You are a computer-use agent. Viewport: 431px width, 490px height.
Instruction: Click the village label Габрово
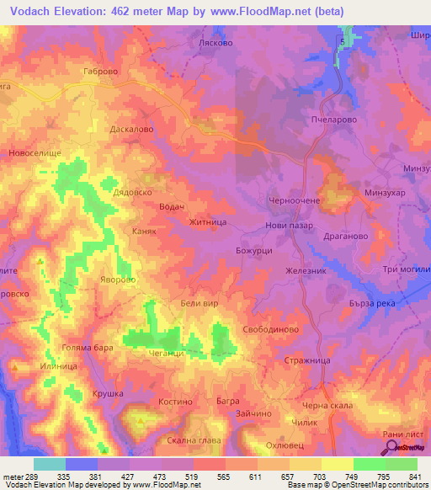pos(104,72)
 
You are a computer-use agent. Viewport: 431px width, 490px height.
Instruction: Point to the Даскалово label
pos(131,130)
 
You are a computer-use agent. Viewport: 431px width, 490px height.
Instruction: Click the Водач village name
pos(171,207)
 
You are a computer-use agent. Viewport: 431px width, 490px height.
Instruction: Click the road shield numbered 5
pos(343,40)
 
